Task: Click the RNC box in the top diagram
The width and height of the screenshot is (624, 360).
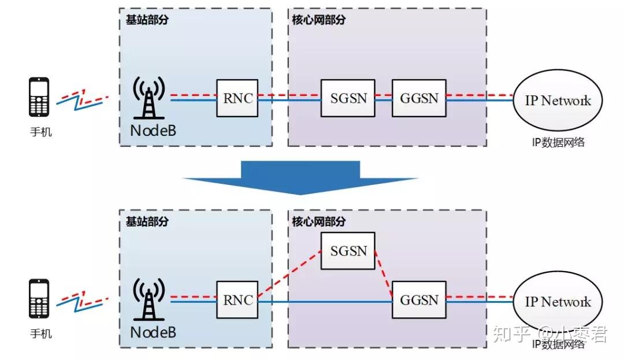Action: click(x=237, y=98)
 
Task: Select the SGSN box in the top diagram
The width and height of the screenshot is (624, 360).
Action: click(x=348, y=98)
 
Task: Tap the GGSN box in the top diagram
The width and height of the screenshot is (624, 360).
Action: click(x=419, y=98)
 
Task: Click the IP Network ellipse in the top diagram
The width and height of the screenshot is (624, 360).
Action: click(x=558, y=101)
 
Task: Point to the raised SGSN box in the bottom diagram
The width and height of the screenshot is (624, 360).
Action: click(x=348, y=251)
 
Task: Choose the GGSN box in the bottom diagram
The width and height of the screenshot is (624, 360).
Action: click(x=419, y=300)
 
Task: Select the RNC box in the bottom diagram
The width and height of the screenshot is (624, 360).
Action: click(x=237, y=300)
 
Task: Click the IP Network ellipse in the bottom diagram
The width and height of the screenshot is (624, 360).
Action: click(x=558, y=302)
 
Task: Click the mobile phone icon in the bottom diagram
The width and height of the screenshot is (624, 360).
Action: click(x=39, y=299)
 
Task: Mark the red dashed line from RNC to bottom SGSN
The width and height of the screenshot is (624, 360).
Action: click(x=289, y=275)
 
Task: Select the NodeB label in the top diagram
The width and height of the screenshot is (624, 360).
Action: click(x=153, y=131)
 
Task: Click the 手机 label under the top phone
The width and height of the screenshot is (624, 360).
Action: click(x=40, y=132)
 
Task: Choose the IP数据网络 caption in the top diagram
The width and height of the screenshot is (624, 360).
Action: click(x=558, y=142)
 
